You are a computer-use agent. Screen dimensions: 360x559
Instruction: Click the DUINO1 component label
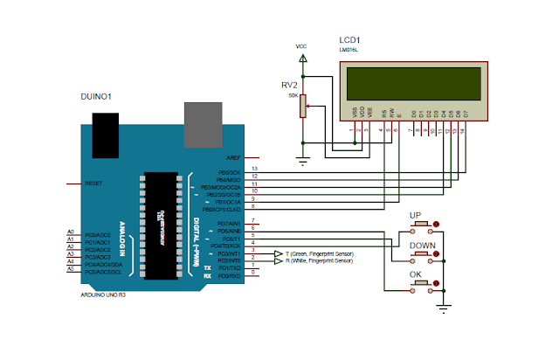[96, 96]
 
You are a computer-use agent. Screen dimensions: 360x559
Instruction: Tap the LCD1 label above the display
[350, 41]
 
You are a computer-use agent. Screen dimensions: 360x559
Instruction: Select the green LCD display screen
[411, 85]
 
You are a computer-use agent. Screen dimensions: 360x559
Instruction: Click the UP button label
[417, 215]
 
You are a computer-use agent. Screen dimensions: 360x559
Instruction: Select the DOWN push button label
[421, 246]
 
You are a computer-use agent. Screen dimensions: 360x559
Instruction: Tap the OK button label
[417, 275]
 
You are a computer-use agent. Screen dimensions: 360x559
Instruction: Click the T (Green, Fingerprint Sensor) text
[320, 253]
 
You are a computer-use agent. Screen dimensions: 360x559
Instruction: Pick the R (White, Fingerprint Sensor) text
[320, 260]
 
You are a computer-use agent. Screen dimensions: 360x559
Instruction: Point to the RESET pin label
[93, 183]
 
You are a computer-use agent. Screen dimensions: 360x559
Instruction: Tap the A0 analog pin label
[70, 231]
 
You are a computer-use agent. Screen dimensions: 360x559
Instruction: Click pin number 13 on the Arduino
[254, 168]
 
